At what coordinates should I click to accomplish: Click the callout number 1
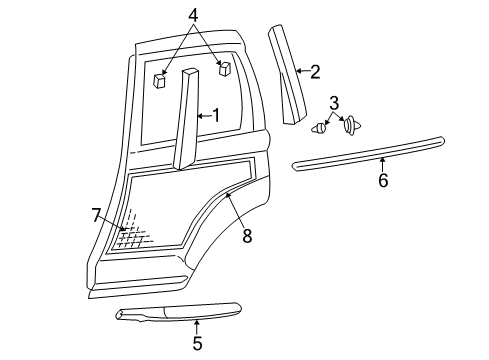click(216, 116)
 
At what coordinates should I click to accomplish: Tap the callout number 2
click(315, 71)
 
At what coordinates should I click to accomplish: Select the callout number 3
click(334, 102)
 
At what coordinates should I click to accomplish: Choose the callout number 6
click(382, 181)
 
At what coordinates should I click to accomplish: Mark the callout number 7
click(97, 213)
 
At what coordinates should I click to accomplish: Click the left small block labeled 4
click(160, 80)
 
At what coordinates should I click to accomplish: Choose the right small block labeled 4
click(224, 69)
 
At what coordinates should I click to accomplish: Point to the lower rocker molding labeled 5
click(180, 314)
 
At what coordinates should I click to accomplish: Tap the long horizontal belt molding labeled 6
click(370, 151)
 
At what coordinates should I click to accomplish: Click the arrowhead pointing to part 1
click(198, 116)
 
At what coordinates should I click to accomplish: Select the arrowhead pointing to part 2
click(296, 71)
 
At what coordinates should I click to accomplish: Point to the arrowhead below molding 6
click(381, 159)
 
